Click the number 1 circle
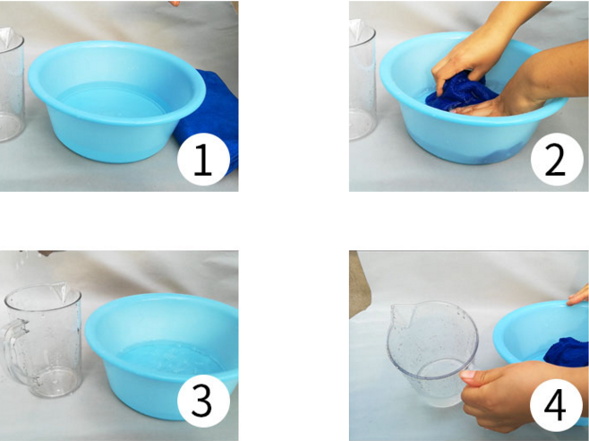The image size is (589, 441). coord(203,160)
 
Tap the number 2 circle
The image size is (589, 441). coord(557,160)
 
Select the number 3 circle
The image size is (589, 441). coord(203,402)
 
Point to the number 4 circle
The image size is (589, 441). coord(556,405)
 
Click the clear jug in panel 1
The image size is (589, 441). coord(11,84)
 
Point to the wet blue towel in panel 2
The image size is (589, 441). coord(460,92)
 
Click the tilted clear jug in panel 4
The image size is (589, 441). coord(432,354)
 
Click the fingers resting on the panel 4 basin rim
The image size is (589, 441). coord(578,297)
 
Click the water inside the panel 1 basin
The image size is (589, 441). coord(112,99)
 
